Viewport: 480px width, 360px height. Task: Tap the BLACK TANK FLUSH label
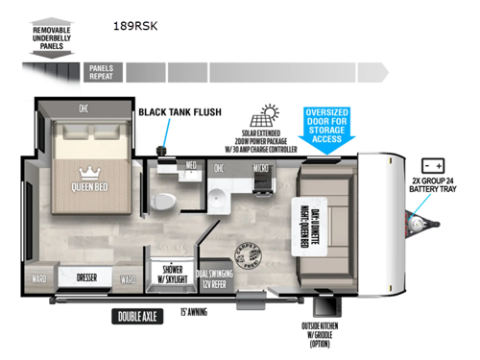[180, 112]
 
